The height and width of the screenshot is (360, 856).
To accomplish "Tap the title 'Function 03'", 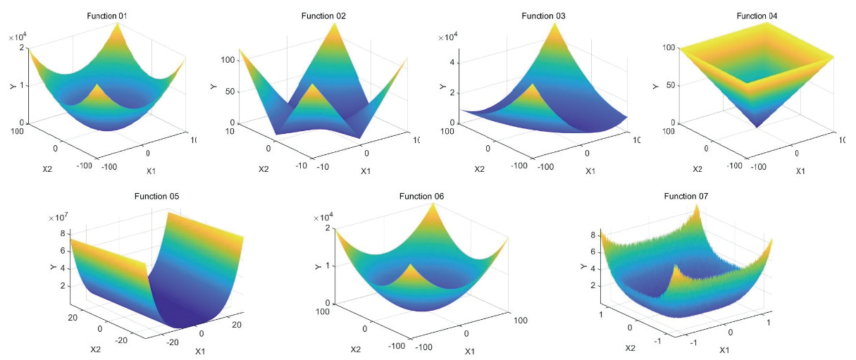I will [x=545, y=15].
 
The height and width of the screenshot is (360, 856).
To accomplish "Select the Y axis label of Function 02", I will [x=213, y=87].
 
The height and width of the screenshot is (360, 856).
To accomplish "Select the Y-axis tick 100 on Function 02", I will [x=227, y=61].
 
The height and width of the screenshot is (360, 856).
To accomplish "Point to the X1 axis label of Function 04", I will [x=801, y=170].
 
